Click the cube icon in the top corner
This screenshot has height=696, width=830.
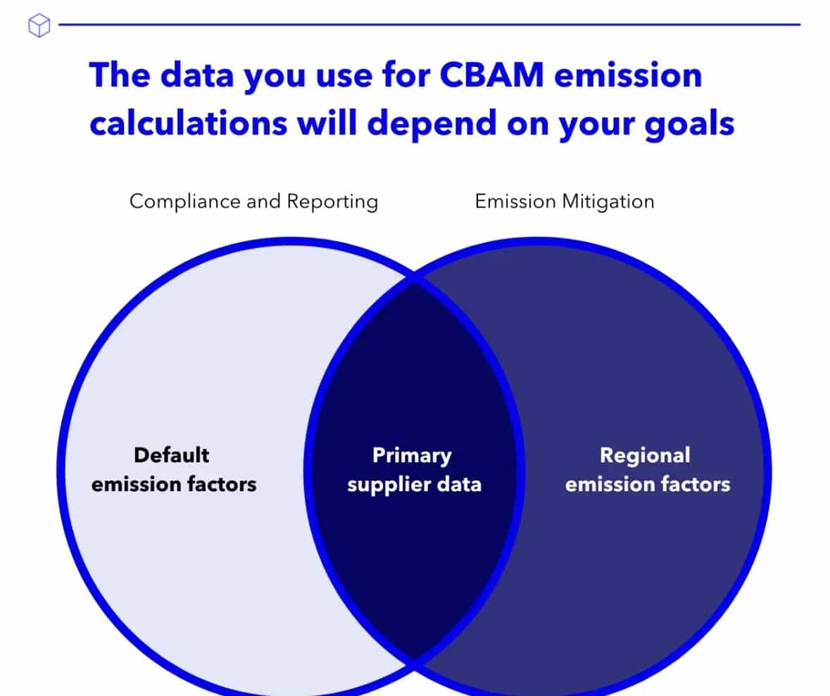coord(39,25)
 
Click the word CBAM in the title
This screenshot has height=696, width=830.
coord(491,75)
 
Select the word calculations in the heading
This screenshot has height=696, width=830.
coord(188,122)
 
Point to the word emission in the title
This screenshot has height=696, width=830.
coord(628,75)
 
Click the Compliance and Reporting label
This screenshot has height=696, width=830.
coord(253,202)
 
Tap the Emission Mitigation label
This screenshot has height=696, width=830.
coord(565,202)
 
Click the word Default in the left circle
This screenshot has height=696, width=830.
coord(172,455)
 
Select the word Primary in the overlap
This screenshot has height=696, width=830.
coord(412,456)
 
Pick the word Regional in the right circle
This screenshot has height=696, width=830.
coord(645,456)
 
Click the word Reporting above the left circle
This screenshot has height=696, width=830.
coord(332,202)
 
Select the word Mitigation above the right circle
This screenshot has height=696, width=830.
coord(608,202)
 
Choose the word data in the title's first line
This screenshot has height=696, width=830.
coord(197,75)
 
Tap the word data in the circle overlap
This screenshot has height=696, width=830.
coord(459,484)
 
